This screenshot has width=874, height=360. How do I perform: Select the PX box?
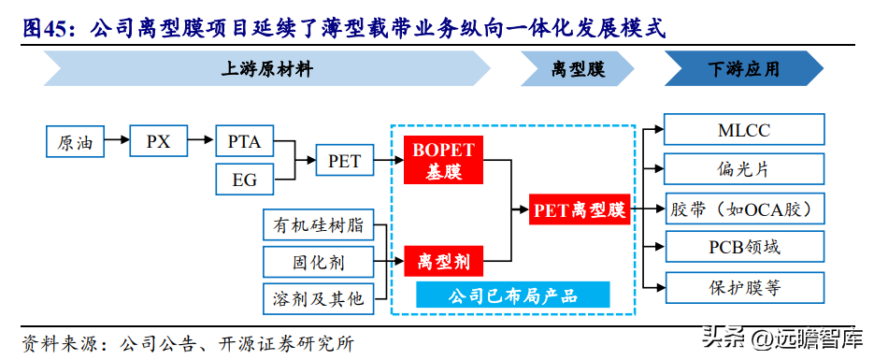(158, 141)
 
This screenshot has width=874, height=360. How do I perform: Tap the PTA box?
(245, 141)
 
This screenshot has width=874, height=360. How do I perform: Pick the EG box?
(245, 180)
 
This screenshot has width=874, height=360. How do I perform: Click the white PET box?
(345, 161)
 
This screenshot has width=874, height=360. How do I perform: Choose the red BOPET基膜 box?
(444, 161)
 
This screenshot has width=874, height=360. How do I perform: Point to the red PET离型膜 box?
(580, 209)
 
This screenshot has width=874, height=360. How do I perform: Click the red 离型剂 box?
(444, 261)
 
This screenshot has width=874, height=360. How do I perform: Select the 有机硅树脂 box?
(318, 224)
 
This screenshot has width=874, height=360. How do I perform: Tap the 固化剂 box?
(318, 262)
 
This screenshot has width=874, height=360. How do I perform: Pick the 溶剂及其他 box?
(318, 298)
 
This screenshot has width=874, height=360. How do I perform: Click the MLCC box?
(744, 130)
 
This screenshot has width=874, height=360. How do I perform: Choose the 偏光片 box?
(744, 168)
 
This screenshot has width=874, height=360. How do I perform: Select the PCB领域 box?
(744, 247)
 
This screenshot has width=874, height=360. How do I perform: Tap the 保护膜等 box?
(744, 287)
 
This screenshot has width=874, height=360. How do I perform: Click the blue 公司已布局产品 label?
(513, 295)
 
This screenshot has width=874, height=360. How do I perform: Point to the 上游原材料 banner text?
(267, 69)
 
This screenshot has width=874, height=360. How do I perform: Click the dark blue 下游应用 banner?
(743, 68)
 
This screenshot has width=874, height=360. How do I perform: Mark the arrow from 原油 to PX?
(116, 141)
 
